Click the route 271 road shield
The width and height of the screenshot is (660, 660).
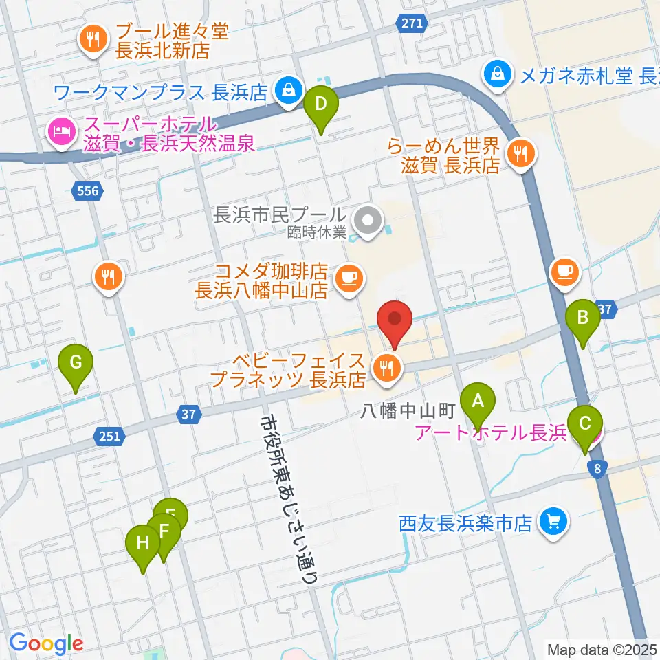410,23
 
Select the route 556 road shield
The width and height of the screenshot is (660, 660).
88,191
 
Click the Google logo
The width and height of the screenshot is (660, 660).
46,643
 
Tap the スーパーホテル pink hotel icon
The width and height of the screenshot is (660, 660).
61,129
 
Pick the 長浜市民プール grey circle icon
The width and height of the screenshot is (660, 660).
366,221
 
